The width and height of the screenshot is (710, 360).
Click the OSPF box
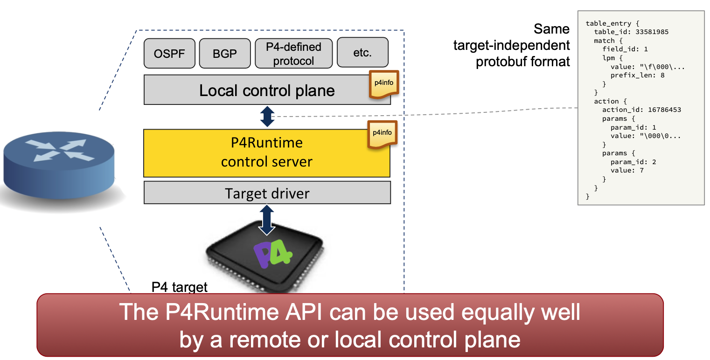(x=169, y=53)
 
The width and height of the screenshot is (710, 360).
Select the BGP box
(x=225, y=53)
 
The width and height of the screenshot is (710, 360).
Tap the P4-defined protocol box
(x=293, y=53)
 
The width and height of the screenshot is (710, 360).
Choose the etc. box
(x=362, y=52)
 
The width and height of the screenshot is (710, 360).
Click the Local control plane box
(x=267, y=90)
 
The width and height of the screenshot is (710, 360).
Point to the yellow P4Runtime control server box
(x=266, y=152)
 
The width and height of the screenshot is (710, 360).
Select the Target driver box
(x=267, y=193)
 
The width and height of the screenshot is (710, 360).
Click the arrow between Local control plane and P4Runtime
(x=267, y=117)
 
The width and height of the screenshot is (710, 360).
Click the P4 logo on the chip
(x=273, y=254)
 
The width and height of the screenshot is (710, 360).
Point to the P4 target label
(x=180, y=287)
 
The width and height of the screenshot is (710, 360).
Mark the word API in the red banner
(x=301, y=312)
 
